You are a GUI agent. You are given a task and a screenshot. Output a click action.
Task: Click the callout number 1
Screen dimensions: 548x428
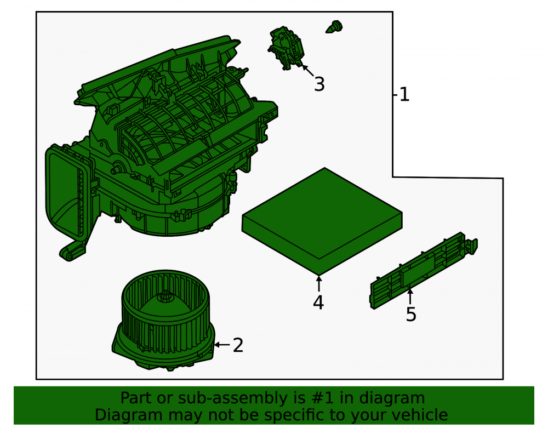(x=404, y=95)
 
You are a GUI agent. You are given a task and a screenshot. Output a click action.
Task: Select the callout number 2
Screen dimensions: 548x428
(x=238, y=345)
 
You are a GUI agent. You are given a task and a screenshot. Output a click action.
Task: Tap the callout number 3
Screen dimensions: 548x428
(x=319, y=84)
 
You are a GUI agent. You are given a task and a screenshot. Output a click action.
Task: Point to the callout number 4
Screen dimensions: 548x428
(x=318, y=303)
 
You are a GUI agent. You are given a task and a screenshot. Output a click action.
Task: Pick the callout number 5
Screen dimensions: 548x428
(x=411, y=314)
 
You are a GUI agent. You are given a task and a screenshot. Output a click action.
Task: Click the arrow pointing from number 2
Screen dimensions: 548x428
(x=222, y=345)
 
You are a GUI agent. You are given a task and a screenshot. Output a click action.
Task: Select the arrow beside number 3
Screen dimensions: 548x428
(x=308, y=71)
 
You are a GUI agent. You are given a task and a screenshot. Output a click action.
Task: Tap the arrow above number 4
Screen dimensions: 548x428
(x=319, y=283)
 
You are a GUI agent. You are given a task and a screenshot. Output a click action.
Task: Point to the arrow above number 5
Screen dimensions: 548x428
(x=410, y=296)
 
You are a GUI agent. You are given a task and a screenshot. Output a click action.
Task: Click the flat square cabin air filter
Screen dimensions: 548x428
(x=322, y=221)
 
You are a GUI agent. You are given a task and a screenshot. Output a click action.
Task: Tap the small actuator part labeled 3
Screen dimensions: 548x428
(x=286, y=48)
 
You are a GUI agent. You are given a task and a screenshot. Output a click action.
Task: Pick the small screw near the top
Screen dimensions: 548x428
(x=334, y=27)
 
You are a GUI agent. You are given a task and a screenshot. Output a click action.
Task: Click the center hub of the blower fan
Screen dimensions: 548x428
(x=164, y=298)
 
